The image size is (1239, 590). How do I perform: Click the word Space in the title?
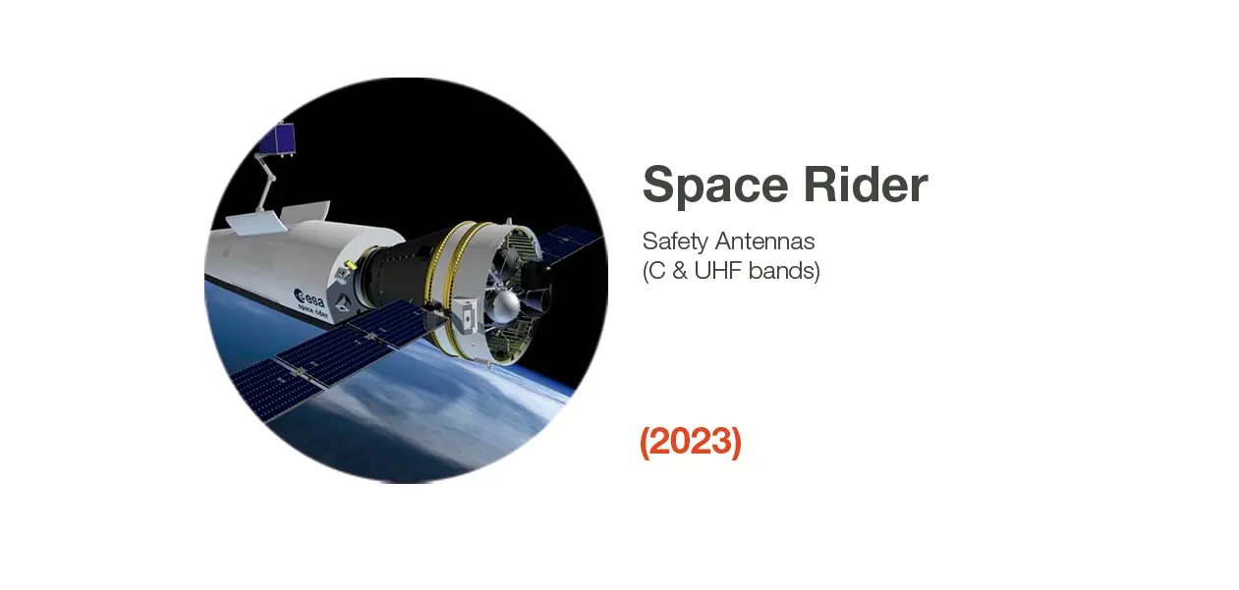715,186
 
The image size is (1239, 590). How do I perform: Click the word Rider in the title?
866,184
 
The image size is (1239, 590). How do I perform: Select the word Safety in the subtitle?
675,241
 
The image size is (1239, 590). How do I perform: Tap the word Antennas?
764,241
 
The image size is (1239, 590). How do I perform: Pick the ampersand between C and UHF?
679,271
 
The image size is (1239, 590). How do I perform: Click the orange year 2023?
691,442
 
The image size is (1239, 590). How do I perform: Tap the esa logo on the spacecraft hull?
310,297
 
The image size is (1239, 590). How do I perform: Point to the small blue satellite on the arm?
277,138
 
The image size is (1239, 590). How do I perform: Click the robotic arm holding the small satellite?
265,182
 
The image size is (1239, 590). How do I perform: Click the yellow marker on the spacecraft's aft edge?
350,266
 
